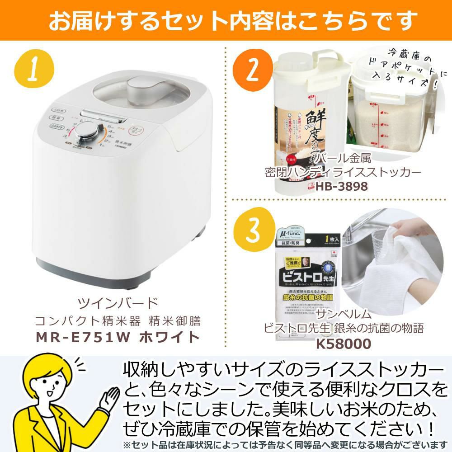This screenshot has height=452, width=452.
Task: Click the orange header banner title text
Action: coord(226,20)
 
